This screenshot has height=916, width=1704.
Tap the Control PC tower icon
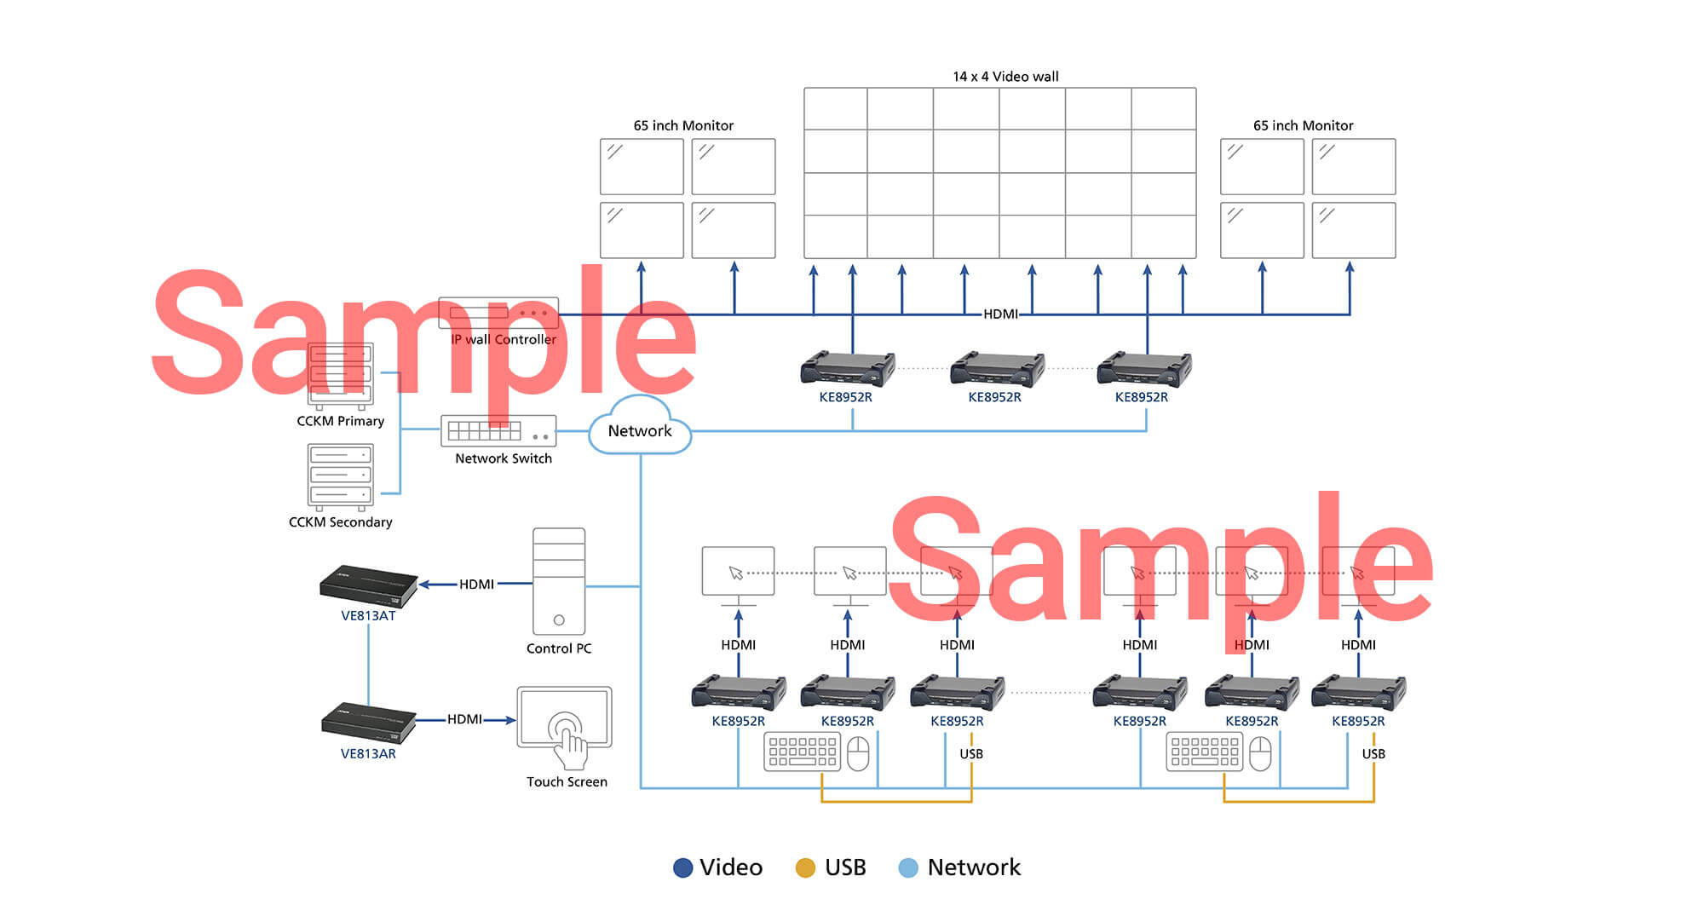[559, 581]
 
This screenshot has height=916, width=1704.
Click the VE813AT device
[368, 585]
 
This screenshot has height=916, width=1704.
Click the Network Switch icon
[498, 431]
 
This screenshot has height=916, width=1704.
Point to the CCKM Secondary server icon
[340, 476]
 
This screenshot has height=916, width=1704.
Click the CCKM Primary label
[340, 421]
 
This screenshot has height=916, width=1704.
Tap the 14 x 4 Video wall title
[1005, 77]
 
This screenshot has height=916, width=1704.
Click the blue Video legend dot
[682, 867]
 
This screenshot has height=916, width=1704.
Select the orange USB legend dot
[805, 867]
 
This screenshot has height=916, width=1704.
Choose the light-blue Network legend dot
[908, 867]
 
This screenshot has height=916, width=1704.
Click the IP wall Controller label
[504, 339]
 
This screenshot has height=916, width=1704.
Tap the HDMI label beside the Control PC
[476, 585]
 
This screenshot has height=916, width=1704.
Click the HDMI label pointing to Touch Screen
[464, 719]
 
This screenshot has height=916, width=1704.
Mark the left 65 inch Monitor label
[683, 125]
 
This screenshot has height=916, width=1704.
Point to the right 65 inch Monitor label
[1303, 125]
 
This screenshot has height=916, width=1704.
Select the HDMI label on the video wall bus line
[1000, 314]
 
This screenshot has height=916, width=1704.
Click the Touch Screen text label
[567, 782]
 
